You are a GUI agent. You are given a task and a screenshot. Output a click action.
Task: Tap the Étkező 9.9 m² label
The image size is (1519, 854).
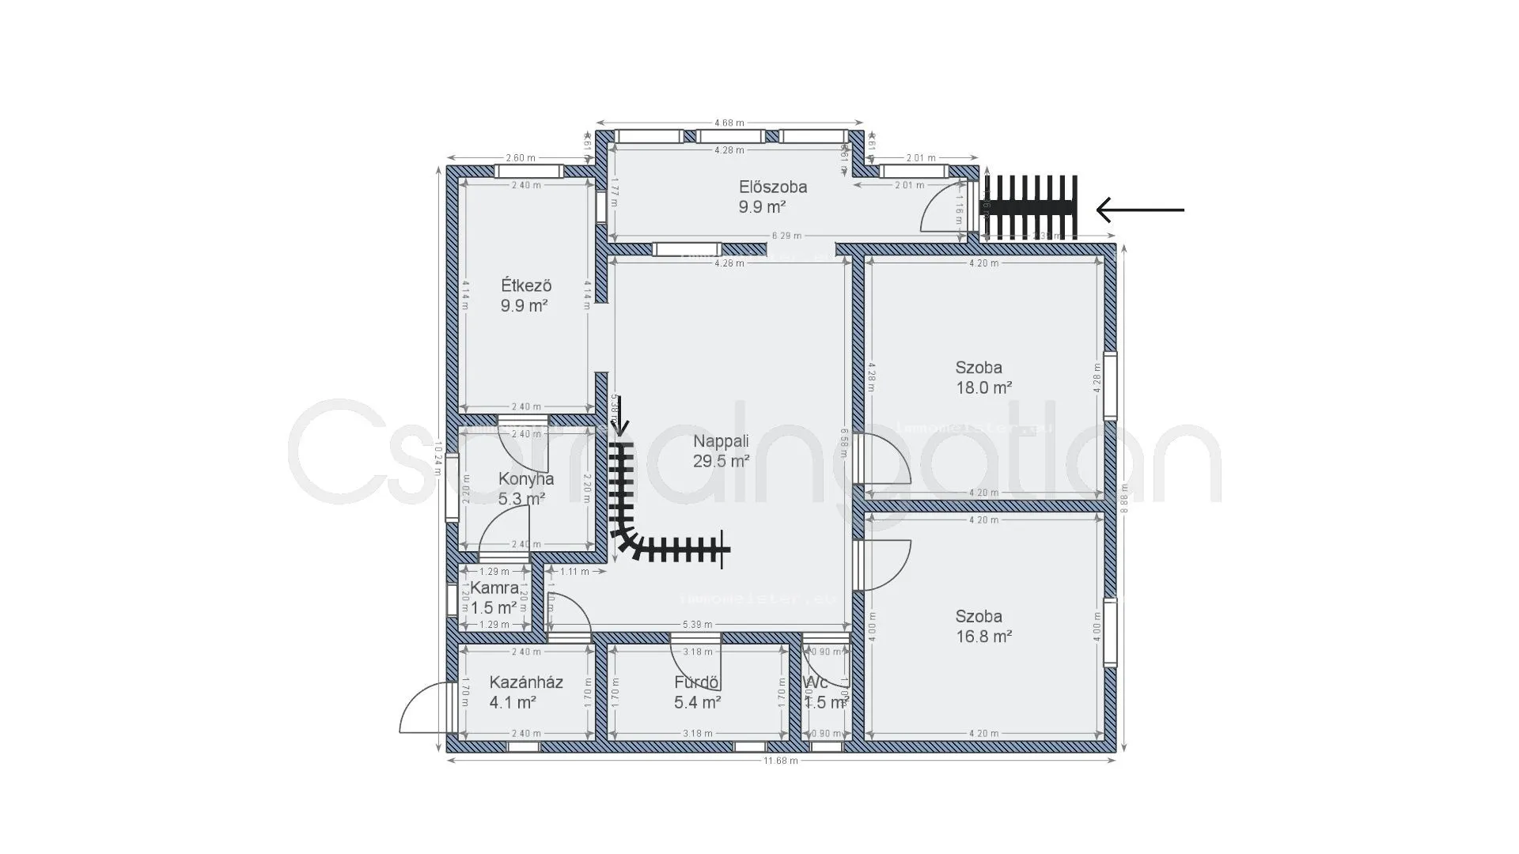525,295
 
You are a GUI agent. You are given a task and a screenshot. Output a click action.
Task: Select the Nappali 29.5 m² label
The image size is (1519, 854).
721,451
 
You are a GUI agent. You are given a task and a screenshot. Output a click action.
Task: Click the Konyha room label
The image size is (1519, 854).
525,488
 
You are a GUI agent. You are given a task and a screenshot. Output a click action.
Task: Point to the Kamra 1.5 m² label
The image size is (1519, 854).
494,598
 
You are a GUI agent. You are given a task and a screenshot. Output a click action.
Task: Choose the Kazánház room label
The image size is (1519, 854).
525,692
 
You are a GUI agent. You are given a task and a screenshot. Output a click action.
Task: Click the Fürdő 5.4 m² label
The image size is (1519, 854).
697,692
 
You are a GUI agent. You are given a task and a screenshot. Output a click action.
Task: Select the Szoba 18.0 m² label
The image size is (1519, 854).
983,377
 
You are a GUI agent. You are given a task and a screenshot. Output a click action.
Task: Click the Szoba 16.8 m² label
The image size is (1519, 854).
983,626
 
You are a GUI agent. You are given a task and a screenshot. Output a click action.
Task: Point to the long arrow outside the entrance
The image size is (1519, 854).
1140,210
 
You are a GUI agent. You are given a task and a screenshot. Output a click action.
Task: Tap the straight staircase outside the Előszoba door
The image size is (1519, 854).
1029,207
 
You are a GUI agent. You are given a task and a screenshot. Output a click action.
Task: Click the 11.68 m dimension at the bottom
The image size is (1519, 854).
780,761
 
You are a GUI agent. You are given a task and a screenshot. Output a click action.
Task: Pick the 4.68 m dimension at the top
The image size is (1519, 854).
729,123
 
